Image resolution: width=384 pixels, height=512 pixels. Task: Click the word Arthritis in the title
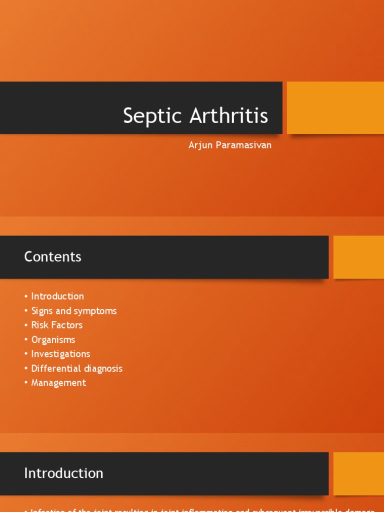tap(228, 115)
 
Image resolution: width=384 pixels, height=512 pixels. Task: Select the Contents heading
tap(52, 257)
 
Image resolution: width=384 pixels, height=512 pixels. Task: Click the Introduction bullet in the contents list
tap(57, 296)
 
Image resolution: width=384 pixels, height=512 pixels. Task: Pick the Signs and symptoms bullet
tap(74, 310)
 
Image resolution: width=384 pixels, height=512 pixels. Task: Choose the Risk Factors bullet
tap(57, 325)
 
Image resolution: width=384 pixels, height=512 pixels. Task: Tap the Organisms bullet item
tap(53, 339)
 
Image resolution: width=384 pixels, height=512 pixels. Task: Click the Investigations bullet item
tap(60, 354)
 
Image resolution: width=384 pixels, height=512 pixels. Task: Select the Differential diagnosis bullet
tap(76, 368)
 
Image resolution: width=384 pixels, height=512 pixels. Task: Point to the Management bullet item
tap(58, 383)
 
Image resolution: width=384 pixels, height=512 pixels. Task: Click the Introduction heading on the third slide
tap(63, 473)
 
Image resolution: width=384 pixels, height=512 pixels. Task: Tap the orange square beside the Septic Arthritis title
tap(335, 108)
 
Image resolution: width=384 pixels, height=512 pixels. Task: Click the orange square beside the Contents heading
tap(358, 257)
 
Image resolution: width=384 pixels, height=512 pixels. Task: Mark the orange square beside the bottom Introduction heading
tap(358, 473)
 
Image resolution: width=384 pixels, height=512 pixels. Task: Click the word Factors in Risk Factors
tap(66, 325)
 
